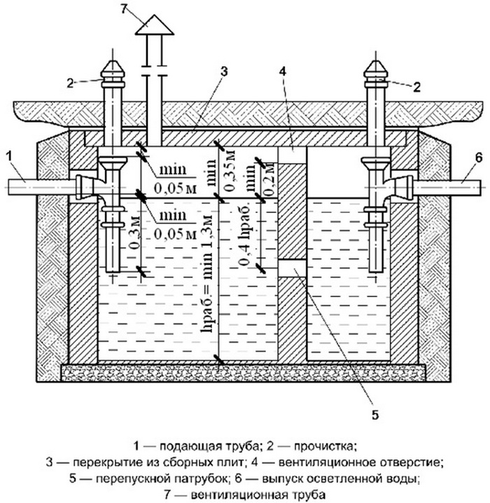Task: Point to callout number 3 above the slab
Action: pos(223,71)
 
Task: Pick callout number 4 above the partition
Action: pos(283,71)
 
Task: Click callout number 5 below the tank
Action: pos(374,415)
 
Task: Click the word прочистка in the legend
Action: pos(325,445)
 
